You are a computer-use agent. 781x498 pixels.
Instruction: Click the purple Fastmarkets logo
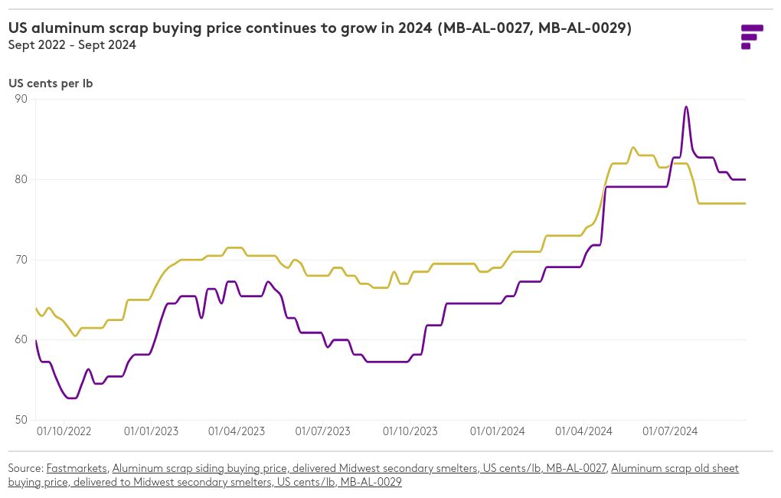(752, 37)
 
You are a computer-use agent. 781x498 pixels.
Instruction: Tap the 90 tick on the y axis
(21, 99)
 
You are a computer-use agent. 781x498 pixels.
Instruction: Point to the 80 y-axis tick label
(21, 179)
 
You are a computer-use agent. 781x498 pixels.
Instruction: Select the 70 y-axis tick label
(21, 260)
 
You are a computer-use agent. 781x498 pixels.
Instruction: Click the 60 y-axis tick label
(21, 339)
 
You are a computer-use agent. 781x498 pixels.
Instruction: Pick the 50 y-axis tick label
(21, 420)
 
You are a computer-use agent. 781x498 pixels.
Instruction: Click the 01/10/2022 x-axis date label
(64, 431)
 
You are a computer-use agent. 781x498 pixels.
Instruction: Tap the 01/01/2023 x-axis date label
(151, 431)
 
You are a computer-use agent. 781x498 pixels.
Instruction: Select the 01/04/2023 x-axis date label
(237, 431)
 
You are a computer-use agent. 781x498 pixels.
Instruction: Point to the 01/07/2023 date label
(323, 431)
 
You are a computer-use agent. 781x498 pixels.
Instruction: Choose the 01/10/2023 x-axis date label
(410, 431)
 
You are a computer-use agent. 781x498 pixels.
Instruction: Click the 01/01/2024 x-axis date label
(497, 431)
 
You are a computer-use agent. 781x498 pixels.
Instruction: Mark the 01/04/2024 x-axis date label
(583, 431)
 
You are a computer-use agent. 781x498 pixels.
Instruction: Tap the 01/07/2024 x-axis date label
(670, 431)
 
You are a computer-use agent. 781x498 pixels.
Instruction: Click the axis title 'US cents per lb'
(51, 84)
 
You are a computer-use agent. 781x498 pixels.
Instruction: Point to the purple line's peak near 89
(686, 106)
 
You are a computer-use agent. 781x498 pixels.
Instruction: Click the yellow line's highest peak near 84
(632, 148)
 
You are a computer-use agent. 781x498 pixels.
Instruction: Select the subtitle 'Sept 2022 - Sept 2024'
(72, 45)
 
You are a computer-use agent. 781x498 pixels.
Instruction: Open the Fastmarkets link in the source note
(77, 469)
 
